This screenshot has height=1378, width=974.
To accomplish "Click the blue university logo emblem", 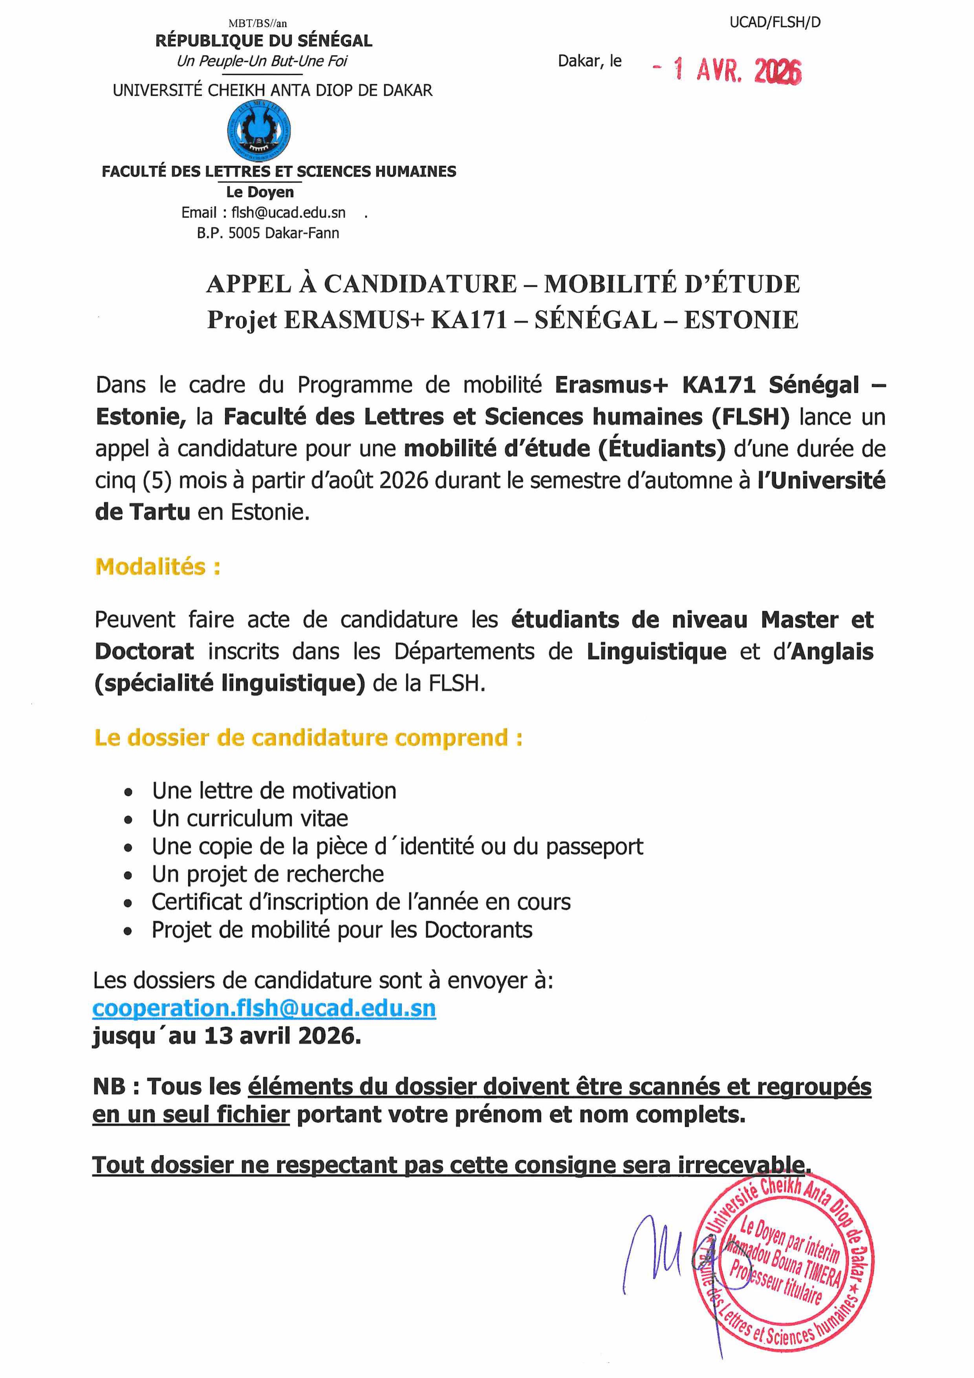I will [259, 130].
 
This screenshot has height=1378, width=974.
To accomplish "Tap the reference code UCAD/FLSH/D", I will [775, 23].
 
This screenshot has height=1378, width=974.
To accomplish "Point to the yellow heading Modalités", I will [157, 566].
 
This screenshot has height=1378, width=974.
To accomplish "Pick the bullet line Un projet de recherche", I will [268, 874].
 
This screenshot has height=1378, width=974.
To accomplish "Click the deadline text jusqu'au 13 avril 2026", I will [227, 1036].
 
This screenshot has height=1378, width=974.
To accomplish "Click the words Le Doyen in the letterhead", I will [260, 192].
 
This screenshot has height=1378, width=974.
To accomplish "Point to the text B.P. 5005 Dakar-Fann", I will [268, 233].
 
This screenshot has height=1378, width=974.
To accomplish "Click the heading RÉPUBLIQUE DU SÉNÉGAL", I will [264, 41].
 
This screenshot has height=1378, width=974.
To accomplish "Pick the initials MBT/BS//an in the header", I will [258, 24].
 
